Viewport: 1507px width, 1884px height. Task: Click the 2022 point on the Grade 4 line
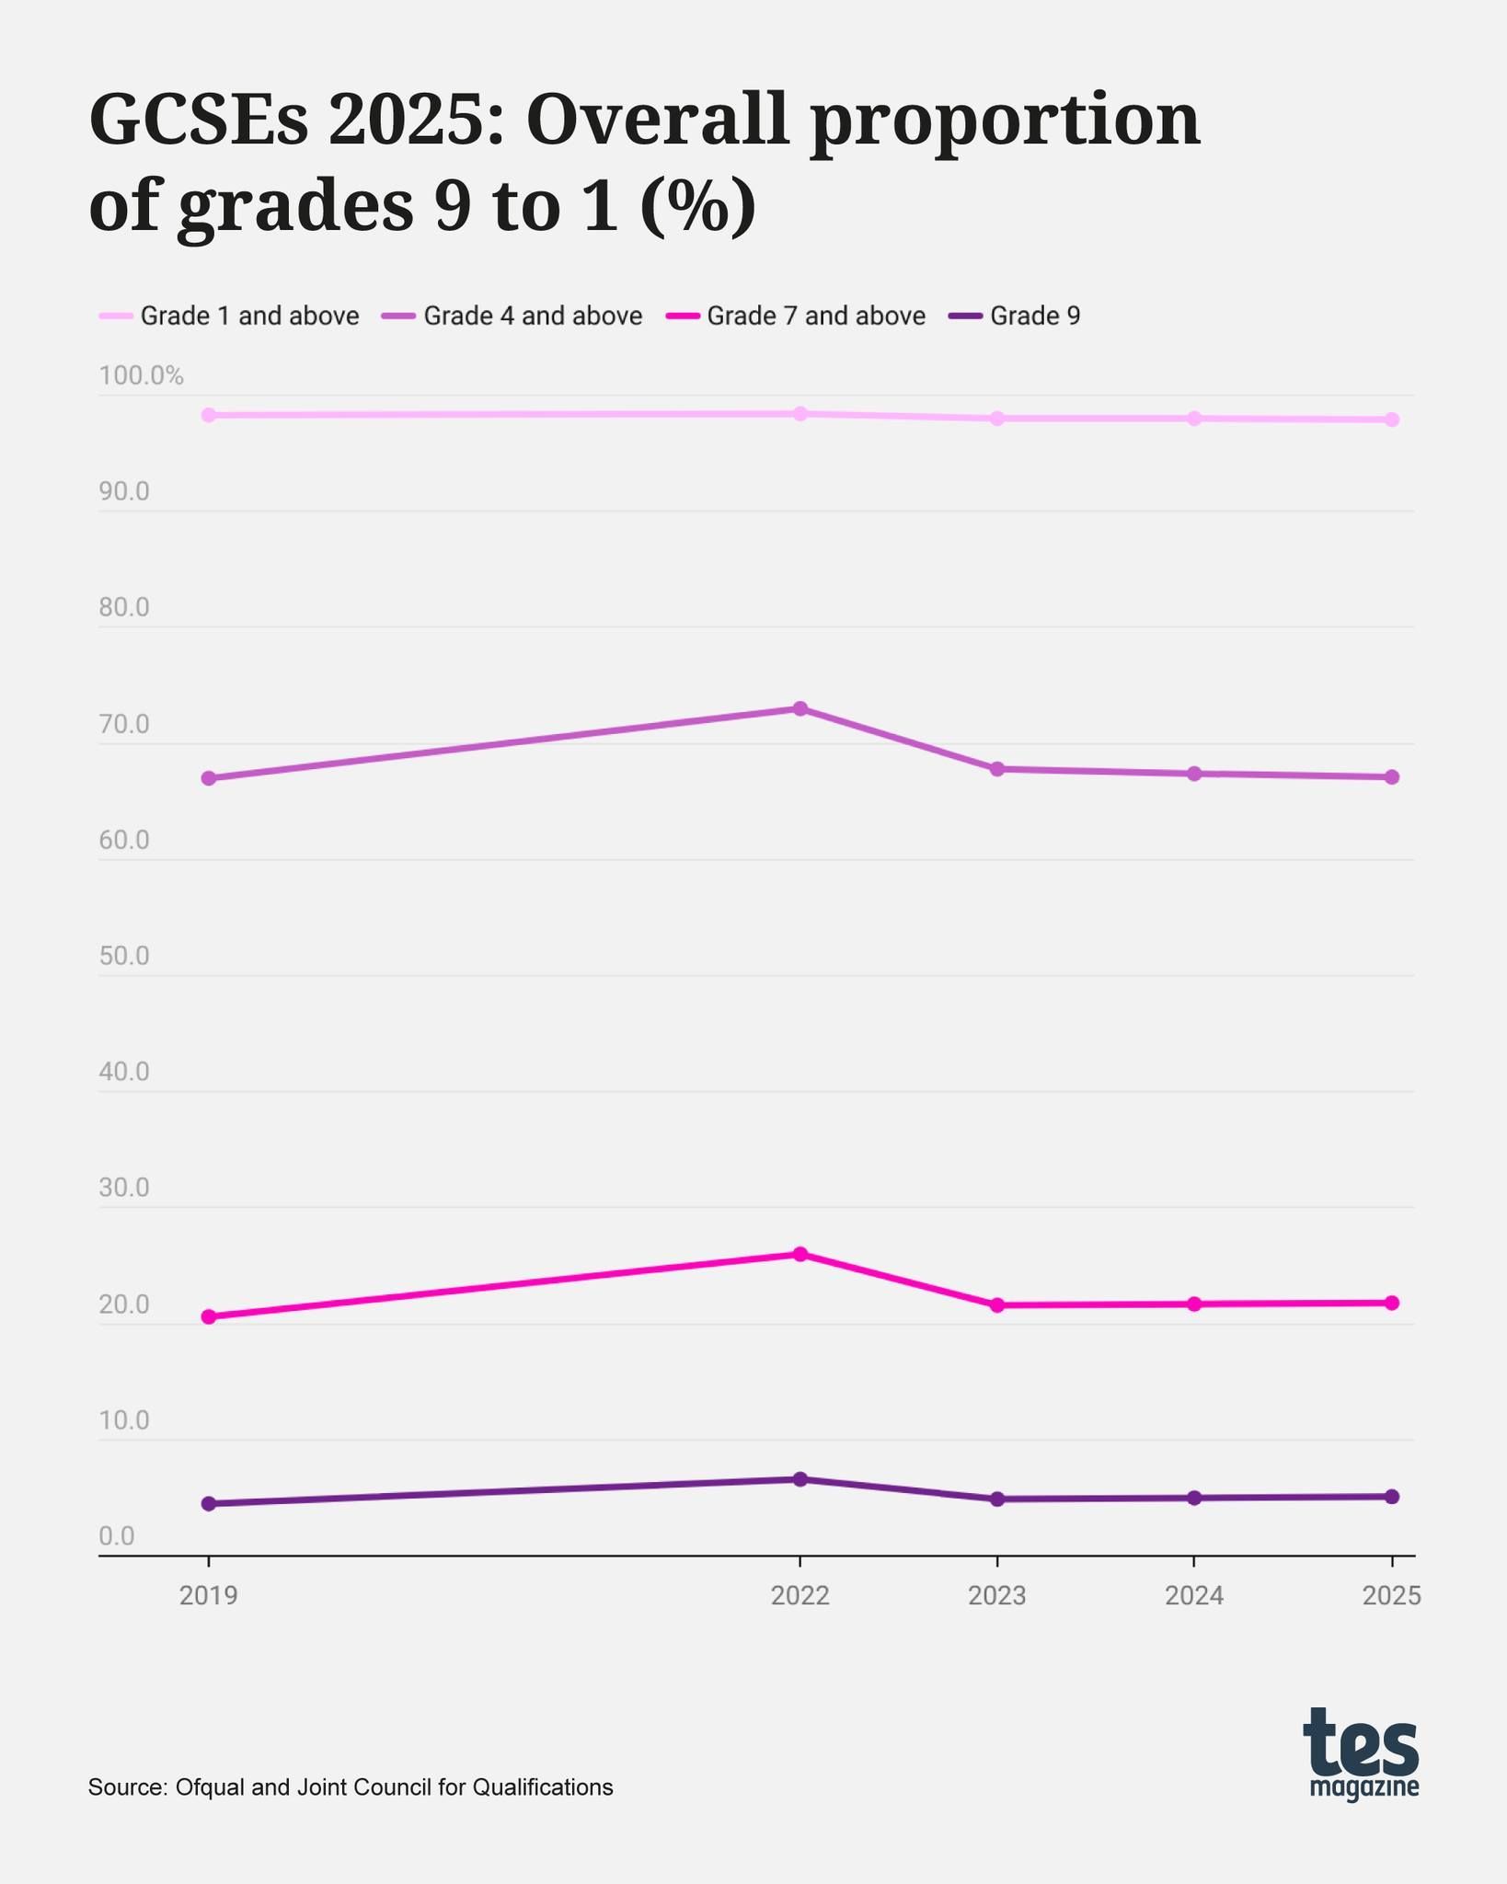coord(800,708)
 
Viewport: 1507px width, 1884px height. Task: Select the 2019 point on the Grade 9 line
coord(208,1503)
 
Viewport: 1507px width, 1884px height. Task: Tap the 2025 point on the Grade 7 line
coord(1391,1303)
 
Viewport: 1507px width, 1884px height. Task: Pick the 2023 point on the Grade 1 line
coord(996,419)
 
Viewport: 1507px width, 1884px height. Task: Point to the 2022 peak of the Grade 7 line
coord(800,1254)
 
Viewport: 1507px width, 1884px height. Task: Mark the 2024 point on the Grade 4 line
coord(1194,774)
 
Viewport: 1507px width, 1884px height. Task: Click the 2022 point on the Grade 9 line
coord(800,1479)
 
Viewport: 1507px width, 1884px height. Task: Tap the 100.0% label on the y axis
coord(142,375)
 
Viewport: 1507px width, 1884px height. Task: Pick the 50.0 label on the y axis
coord(124,957)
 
